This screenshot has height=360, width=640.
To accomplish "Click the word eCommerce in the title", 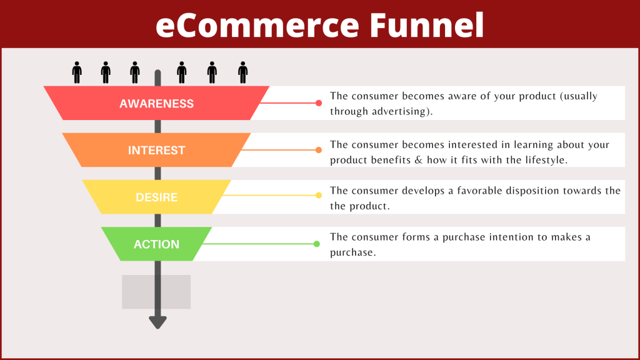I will click(257, 25).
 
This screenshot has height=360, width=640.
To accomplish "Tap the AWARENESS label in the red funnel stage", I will click(156, 104).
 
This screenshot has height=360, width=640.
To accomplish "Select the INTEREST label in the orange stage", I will click(156, 151).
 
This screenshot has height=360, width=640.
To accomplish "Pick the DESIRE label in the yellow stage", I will click(156, 197).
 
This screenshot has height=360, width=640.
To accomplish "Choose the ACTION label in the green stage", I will click(156, 244).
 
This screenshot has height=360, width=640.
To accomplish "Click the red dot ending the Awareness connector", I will click(318, 103).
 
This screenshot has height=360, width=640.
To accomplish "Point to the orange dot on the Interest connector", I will click(318, 150).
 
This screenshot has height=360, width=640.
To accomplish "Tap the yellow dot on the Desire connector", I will click(318, 196).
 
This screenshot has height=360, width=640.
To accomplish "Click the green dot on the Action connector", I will click(317, 244).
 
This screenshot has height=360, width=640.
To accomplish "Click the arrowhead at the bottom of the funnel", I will click(157, 322).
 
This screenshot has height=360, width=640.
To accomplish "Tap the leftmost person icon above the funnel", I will click(77, 72).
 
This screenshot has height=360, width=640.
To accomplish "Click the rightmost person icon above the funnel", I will click(242, 72).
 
